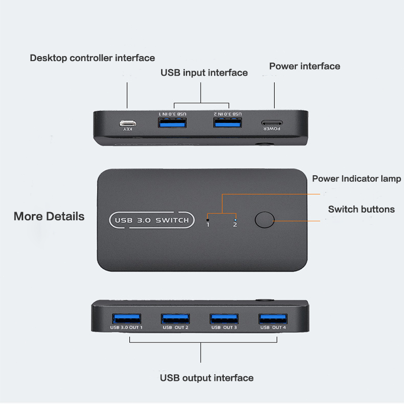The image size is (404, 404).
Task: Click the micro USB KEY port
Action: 128,123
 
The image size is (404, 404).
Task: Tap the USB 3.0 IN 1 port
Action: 172,123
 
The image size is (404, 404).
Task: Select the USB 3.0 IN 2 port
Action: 228,123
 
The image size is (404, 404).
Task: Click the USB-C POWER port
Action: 272,123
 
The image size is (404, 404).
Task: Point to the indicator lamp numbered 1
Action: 208,220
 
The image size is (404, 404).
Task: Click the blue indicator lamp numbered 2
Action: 235,220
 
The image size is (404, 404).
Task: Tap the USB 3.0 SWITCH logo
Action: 152,220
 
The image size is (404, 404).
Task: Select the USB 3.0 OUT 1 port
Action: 127,319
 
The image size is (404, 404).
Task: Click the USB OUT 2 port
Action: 175,319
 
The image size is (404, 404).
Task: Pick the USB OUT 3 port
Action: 224,319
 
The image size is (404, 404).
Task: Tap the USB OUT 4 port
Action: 273,319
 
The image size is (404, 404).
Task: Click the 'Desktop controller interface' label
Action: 92,58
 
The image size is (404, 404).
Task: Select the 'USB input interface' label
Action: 204,73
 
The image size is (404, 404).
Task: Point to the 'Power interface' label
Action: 305,66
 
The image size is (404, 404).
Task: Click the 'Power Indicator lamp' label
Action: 357,179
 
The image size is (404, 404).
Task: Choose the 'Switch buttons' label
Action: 361,209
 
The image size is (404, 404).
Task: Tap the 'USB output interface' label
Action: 207,378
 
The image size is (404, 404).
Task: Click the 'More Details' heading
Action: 49,217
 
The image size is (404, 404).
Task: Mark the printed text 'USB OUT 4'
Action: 273,327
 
